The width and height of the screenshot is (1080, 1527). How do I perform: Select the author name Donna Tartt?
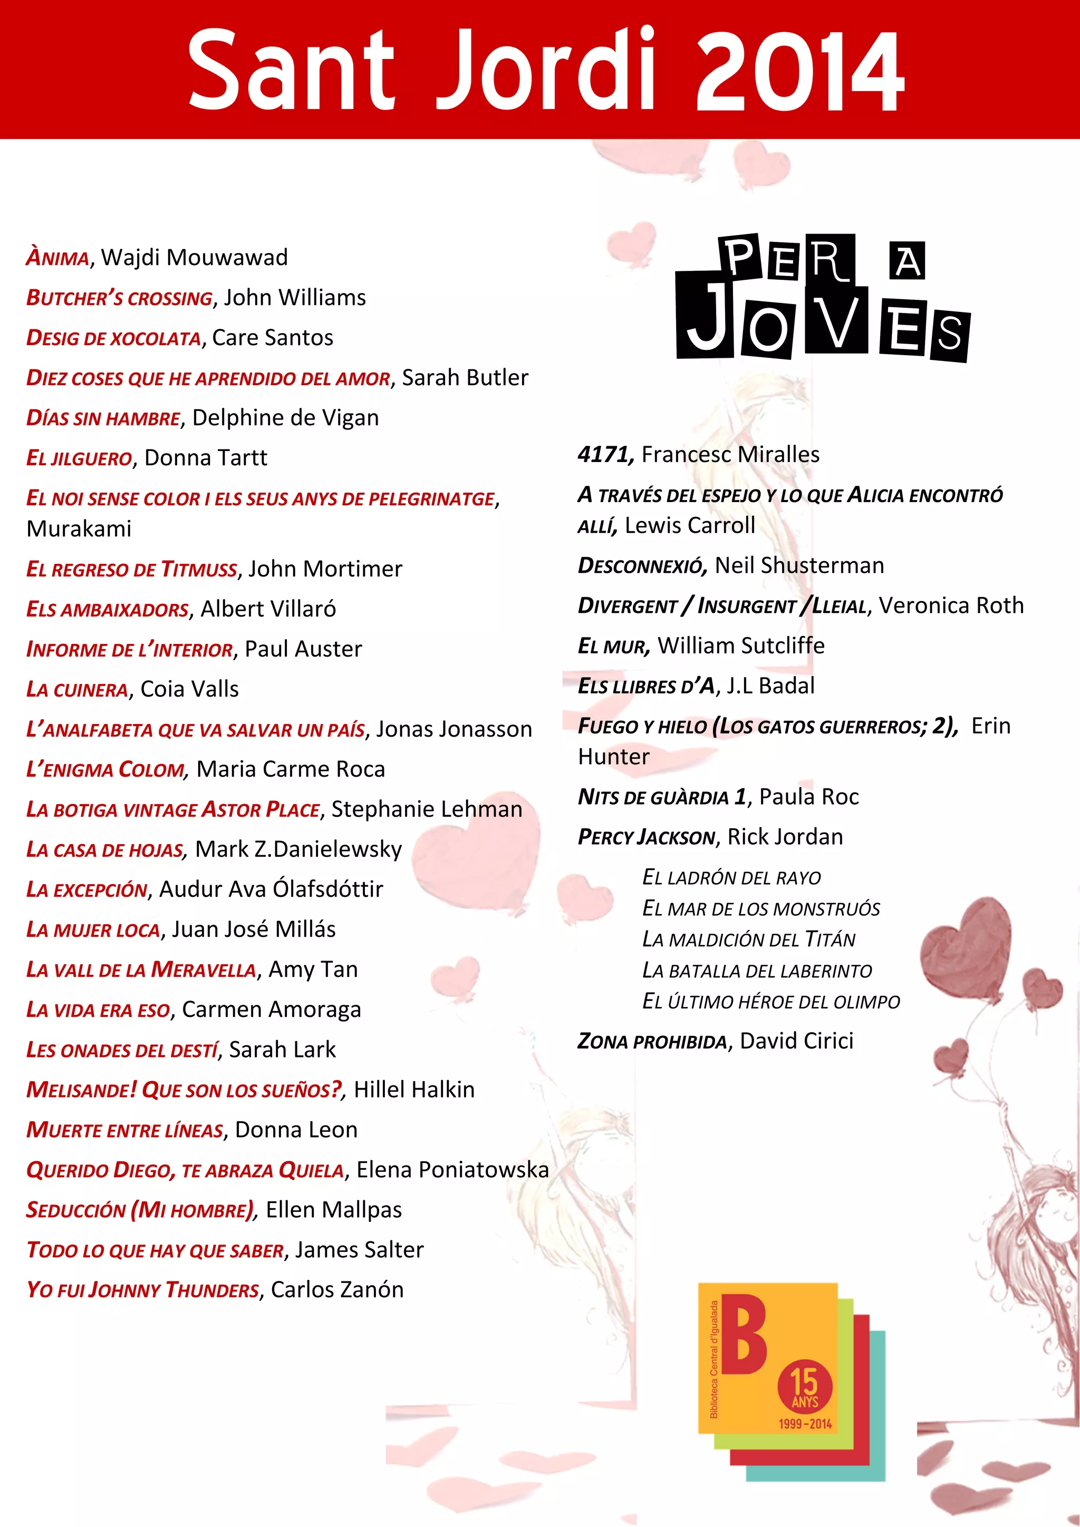pos(206,457)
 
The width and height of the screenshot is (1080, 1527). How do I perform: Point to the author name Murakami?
pos(79,528)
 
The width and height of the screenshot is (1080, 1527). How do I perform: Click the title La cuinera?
pos(77,690)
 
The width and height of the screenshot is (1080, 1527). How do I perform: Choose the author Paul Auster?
pos(303,649)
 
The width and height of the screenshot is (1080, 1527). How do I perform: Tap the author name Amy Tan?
pos(313,970)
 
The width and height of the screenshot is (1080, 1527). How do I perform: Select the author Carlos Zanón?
pos(337,1289)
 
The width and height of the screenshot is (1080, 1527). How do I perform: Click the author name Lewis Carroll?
pos(690,525)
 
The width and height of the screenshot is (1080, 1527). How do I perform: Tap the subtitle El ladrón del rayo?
pos(731,878)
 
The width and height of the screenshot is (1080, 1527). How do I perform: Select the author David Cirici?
pos(796,1041)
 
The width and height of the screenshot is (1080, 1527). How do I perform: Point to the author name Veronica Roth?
pos(951,606)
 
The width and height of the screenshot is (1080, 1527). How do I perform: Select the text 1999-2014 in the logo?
pos(805,1424)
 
